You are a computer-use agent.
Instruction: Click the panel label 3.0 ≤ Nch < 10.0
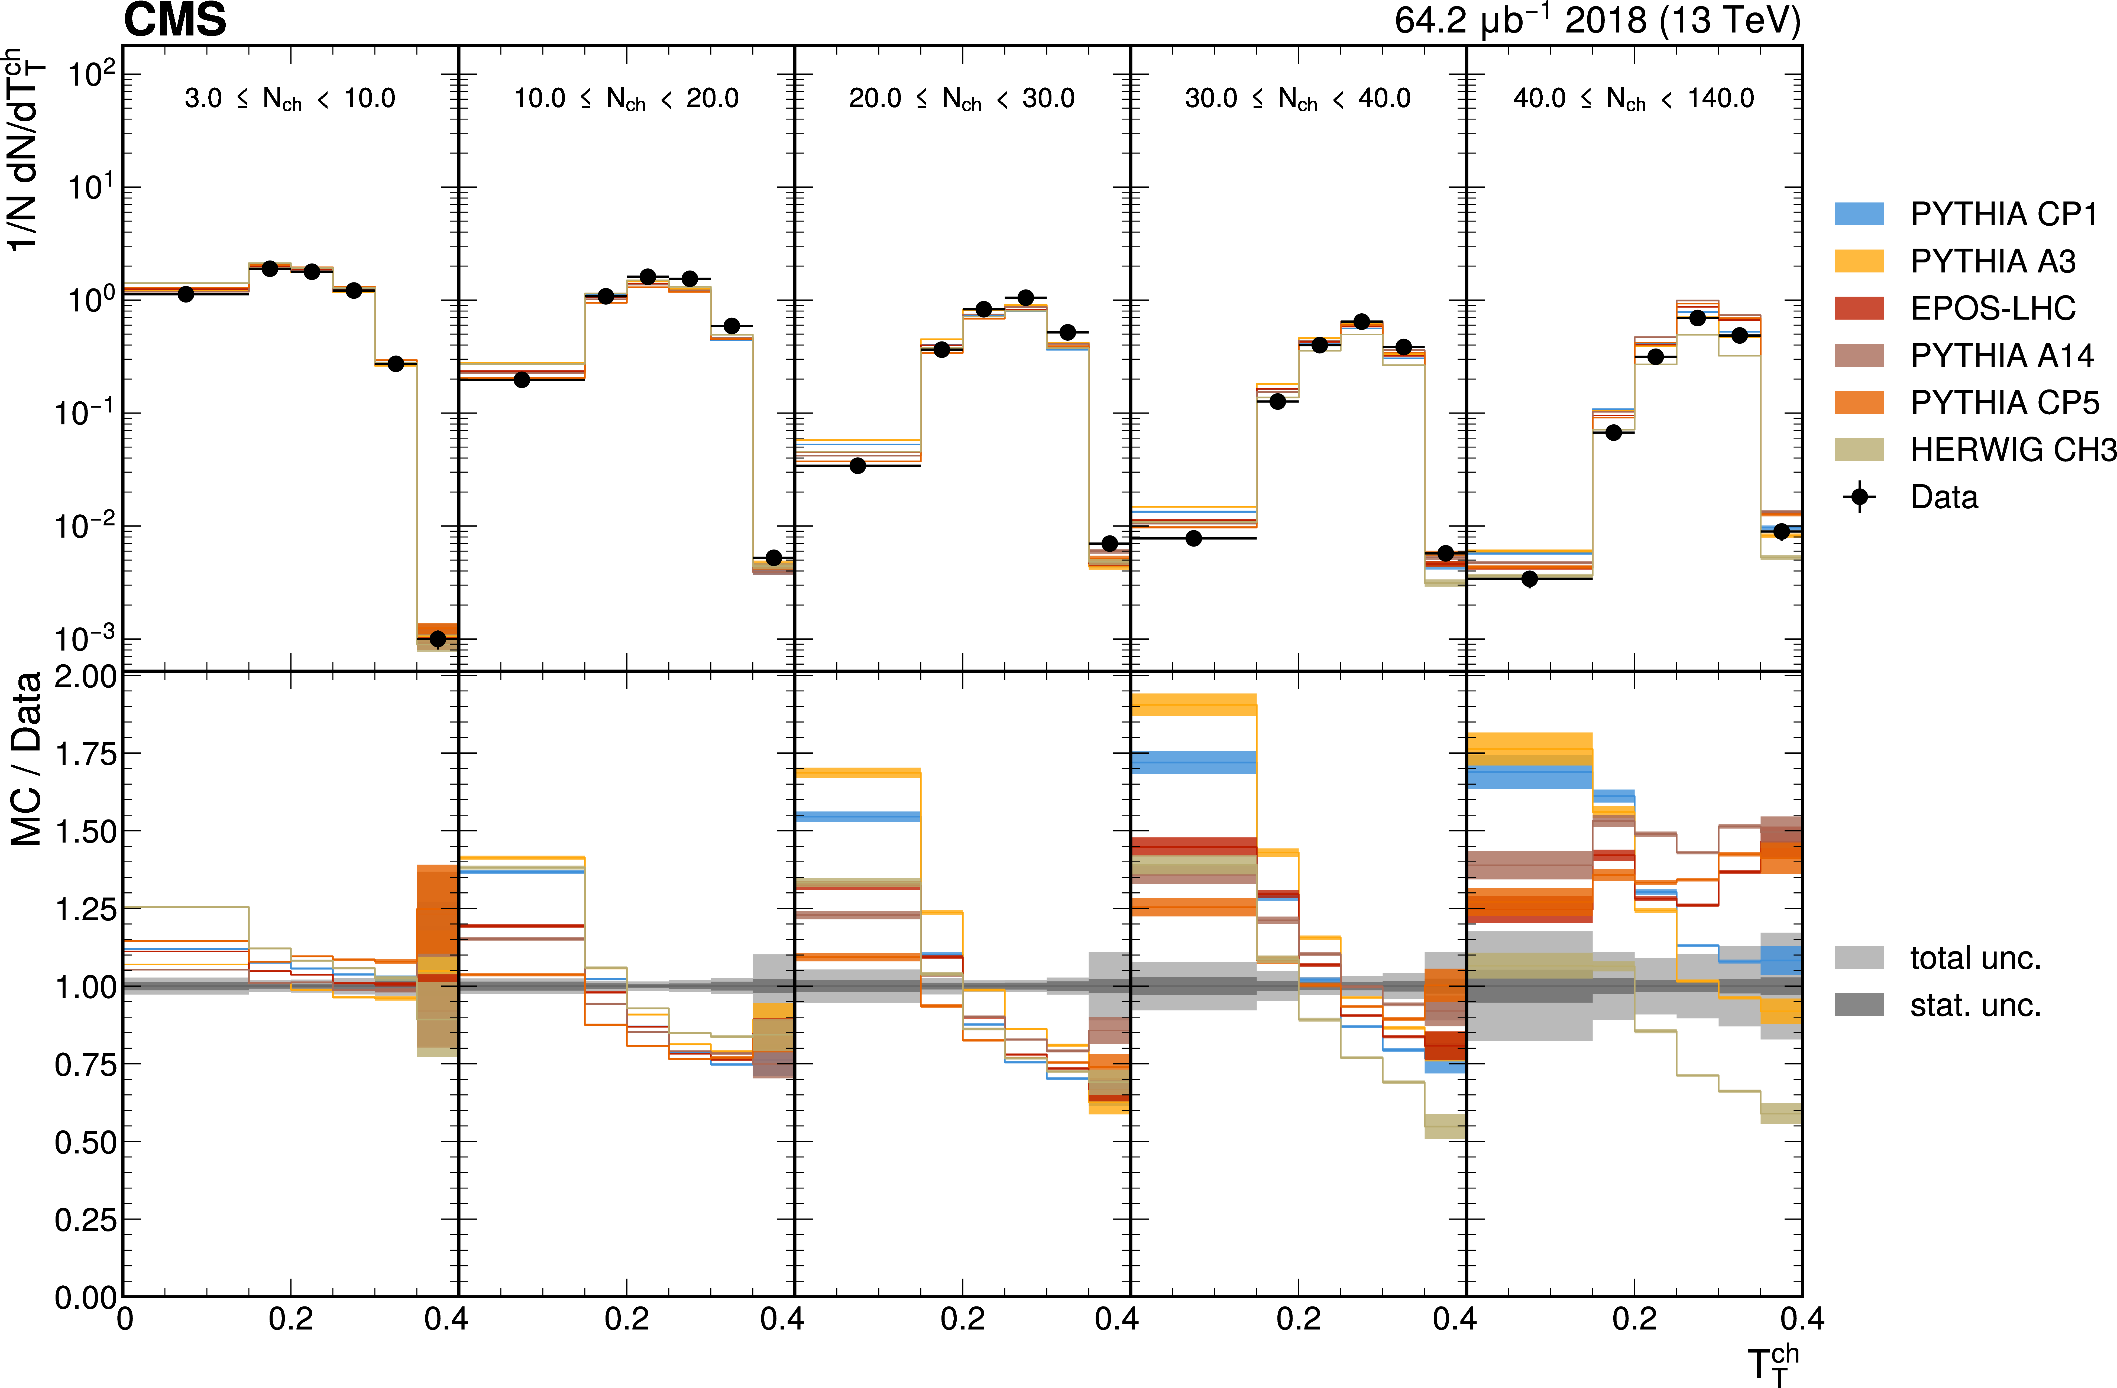290,99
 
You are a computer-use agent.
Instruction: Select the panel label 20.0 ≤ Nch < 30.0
962,99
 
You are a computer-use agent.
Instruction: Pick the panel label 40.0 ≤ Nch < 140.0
1634,99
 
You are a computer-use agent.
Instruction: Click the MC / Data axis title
27,759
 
